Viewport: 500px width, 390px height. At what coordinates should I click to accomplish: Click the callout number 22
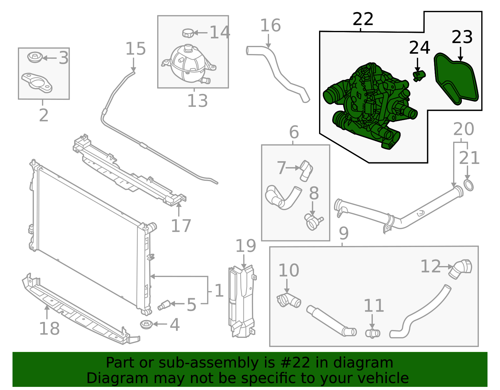pos(362,19)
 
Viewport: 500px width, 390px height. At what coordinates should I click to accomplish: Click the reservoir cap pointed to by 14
pos(188,32)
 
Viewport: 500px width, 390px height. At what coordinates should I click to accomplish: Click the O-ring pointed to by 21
pos(468,185)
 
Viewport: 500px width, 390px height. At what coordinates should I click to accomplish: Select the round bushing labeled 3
pos(35,57)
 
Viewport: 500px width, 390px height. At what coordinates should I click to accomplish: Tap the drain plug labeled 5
pos(164,305)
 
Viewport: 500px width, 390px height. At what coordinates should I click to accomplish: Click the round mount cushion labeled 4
pos(146,324)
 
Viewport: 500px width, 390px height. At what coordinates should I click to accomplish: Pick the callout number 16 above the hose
pos(270,25)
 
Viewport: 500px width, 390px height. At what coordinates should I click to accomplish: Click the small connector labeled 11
pos(372,333)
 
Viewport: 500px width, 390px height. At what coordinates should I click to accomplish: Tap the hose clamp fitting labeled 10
pos(288,300)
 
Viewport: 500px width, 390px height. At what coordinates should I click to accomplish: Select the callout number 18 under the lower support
pos(49,328)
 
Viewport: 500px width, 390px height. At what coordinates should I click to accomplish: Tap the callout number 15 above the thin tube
pos(135,49)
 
